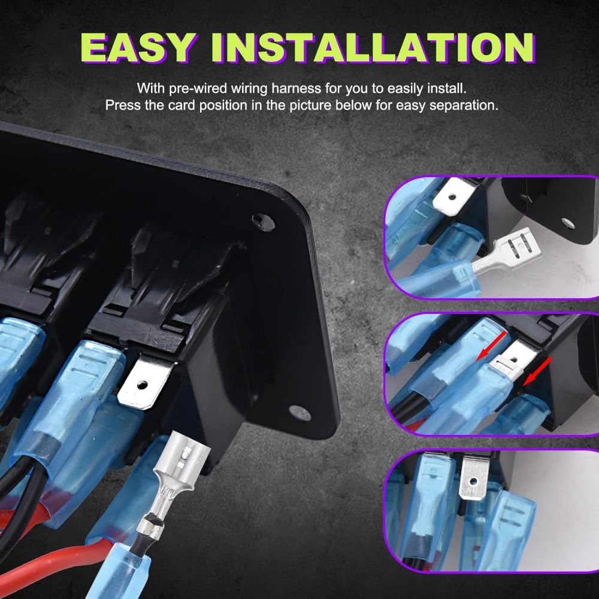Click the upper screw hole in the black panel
pyautogui.click(x=263, y=222)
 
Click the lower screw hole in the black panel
pyautogui.click(x=299, y=413)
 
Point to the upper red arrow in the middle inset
pyautogui.click(x=491, y=346)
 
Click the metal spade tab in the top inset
pyautogui.click(x=455, y=196)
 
